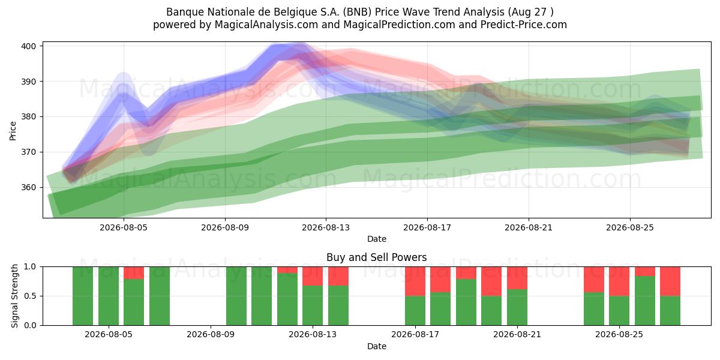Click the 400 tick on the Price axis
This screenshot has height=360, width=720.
[28, 46]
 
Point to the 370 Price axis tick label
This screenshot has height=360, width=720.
[28, 152]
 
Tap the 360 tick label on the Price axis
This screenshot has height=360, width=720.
[28, 187]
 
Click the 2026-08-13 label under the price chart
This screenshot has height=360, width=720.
[326, 227]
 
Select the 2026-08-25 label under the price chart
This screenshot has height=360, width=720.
[629, 227]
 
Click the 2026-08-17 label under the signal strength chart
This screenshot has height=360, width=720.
[415, 335]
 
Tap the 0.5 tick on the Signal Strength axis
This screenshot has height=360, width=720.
[30, 296]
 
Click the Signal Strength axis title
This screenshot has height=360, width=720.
[14, 296]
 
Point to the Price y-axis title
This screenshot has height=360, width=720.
[13, 131]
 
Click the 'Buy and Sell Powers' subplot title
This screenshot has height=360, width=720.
[376, 257]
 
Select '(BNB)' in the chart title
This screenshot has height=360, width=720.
[357, 12]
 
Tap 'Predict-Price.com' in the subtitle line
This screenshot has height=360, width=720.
[524, 25]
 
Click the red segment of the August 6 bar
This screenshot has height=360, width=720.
[134, 273]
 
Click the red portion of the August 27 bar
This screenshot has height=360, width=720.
[670, 281]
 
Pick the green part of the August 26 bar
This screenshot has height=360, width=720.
[645, 301]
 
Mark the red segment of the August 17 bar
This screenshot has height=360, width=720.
[415, 281]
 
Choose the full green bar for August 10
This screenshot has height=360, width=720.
[236, 296]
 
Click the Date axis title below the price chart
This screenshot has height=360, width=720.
[377, 239]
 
